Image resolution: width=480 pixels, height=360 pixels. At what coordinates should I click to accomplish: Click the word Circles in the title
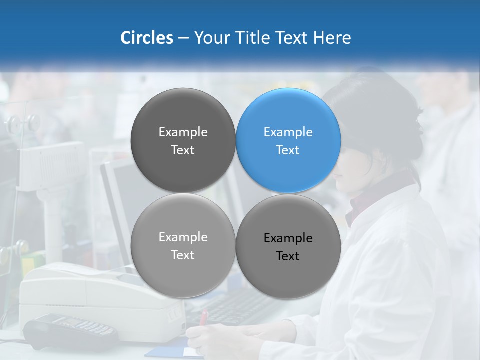(x=147, y=38)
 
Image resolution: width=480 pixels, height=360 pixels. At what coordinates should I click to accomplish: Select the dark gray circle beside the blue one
(x=183, y=140)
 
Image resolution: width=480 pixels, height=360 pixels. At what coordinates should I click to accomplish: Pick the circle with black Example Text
(x=288, y=247)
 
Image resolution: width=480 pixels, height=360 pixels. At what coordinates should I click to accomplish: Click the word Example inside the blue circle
(x=288, y=132)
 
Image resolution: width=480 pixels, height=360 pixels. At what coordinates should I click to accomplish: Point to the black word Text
(x=288, y=256)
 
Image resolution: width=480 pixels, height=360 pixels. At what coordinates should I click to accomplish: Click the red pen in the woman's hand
(x=203, y=318)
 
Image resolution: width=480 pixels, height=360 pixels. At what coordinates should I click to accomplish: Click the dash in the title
(x=183, y=38)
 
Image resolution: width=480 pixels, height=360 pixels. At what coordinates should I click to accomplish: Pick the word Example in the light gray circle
(x=183, y=237)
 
